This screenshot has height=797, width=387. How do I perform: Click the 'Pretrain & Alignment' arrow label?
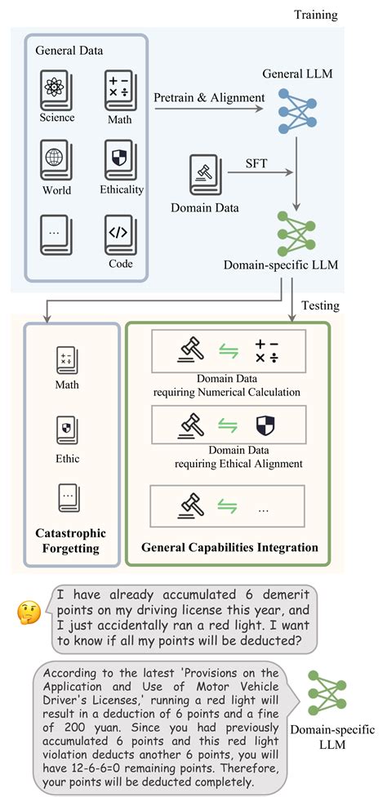coord(210,98)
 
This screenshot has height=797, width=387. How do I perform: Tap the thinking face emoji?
coord(29,610)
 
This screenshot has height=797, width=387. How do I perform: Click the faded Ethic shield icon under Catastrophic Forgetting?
coord(67,429)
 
